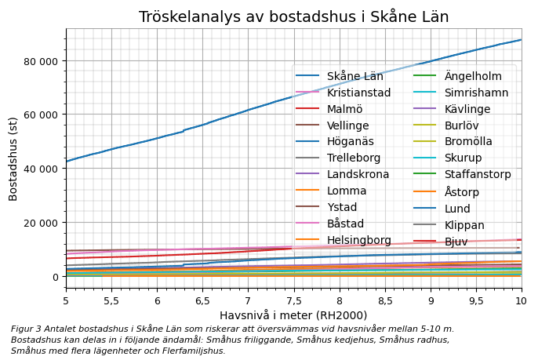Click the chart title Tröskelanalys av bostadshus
(293, 17)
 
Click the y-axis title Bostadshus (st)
(13, 158)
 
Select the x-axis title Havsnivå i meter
(293, 315)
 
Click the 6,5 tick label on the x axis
(202, 301)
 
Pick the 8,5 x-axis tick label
(385, 301)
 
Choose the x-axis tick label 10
(522, 301)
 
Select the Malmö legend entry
(344, 109)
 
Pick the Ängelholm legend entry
(473, 76)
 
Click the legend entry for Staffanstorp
(478, 174)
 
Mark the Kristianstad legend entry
(358, 93)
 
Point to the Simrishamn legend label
(476, 93)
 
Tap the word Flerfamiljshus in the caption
(192, 351)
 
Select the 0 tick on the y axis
(55, 276)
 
